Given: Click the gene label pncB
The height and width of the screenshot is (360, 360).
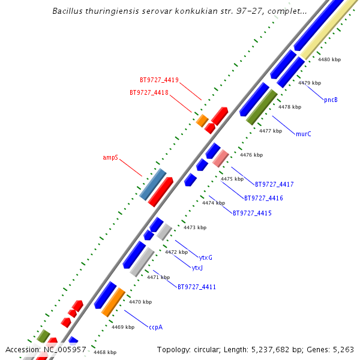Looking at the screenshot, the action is point(331,100).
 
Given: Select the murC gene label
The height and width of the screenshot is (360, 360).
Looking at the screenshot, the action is point(304,134).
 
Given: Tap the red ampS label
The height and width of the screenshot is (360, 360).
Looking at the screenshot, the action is point(110,158).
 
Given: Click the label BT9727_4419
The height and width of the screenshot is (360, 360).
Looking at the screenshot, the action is point(159,80).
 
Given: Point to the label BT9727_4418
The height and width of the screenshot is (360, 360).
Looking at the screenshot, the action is point(149,93).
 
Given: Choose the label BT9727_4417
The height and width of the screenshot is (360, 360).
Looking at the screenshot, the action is point(274,184).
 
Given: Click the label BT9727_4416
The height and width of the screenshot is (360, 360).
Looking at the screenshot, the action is point(263,198).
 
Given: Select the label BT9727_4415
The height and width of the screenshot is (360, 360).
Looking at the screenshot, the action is point(252,213).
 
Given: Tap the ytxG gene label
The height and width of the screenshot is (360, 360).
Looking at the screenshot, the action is point(206,257).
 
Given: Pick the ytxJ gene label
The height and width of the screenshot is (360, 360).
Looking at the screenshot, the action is point(197,268).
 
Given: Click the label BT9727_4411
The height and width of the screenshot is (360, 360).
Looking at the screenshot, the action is point(197,287).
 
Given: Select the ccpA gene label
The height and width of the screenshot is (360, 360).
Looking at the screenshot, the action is point(156,327).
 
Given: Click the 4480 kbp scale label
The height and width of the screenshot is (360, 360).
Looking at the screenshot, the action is point(329,59).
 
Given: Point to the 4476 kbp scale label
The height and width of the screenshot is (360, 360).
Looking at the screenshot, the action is point(251,155).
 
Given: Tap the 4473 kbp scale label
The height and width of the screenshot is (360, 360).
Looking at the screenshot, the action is point(195,227).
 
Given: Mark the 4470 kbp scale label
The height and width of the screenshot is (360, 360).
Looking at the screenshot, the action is point(140,302).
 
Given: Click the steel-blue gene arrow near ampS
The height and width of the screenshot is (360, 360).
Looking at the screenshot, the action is point(152,184).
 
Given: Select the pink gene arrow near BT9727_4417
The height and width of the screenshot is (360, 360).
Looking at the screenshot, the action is point(220,158).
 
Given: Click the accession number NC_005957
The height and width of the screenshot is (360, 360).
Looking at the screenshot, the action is point(64,349).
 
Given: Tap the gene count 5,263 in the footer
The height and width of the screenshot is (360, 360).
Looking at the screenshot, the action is point(342,349).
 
